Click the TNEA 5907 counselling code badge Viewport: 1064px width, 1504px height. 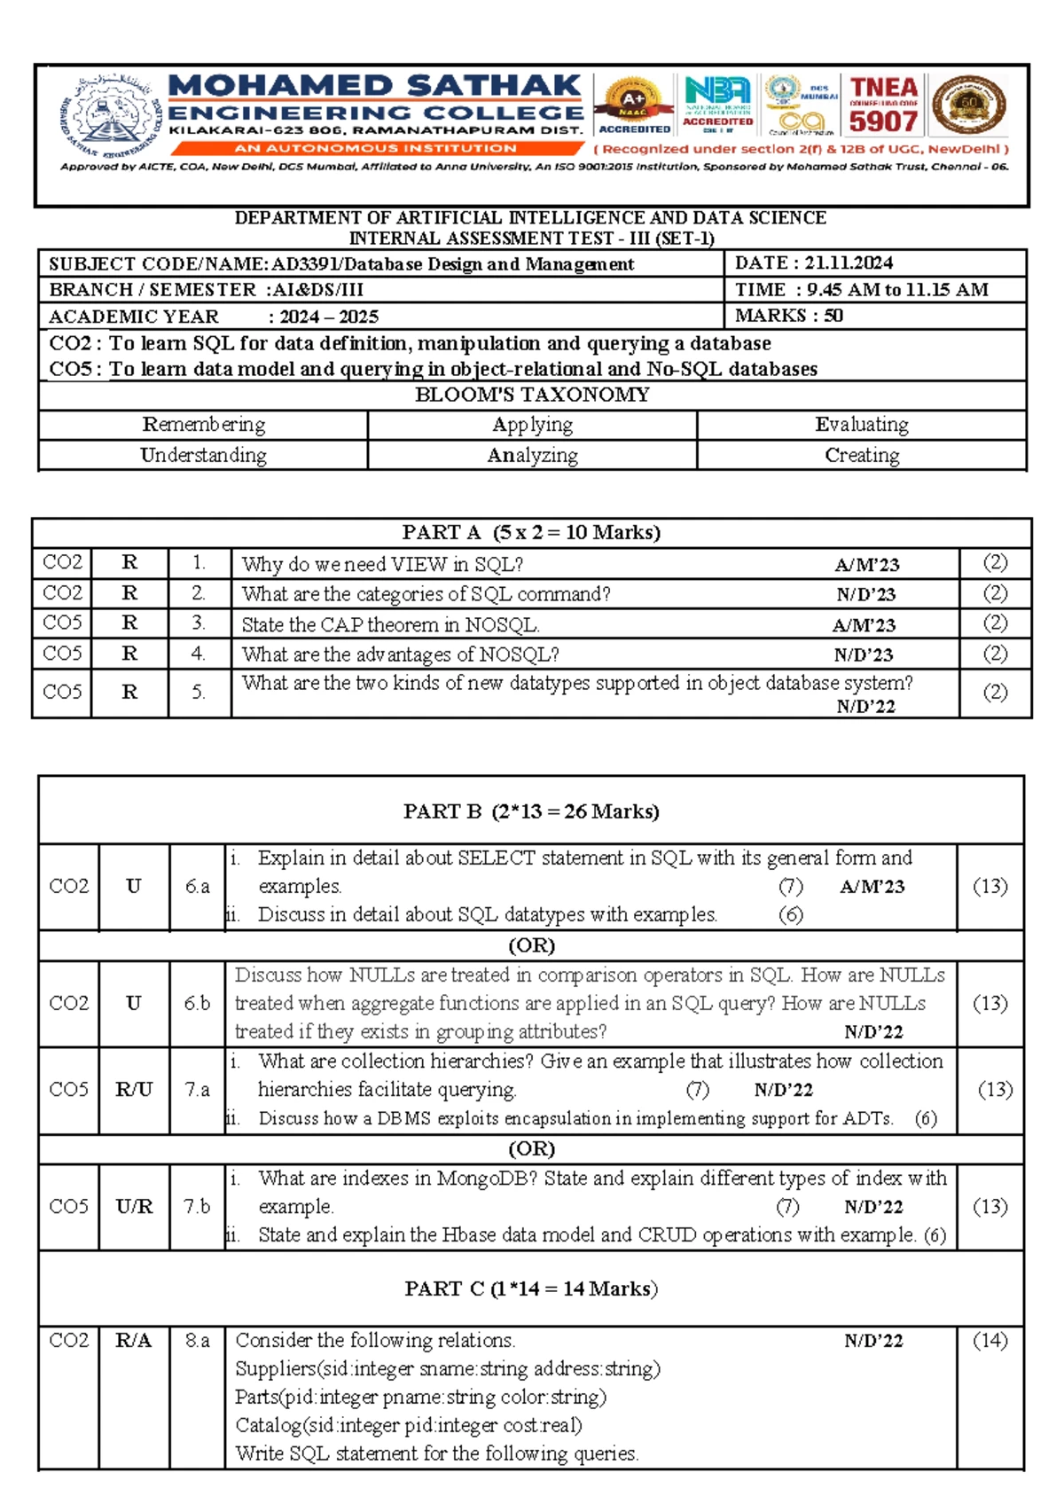tap(883, 105)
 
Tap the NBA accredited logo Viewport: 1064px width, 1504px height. tap(717, 104)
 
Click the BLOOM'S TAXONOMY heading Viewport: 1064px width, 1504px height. tap(532, 395)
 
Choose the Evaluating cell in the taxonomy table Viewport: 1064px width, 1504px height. tap(861, 425)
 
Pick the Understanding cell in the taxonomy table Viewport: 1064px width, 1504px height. tap(203, 455)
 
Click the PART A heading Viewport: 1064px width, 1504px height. tap(531, 532)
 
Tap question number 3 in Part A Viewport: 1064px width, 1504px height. tap(199, 623)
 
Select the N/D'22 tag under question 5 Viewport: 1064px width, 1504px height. tap(865, 707)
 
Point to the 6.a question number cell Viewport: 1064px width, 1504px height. tap(197, 886)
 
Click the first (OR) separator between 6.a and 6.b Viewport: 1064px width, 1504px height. tap(531, 945)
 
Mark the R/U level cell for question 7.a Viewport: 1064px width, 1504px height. tap(134, 1090)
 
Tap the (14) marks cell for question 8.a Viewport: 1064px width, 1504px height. tap(990, 1341)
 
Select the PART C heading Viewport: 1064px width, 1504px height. tap(531, 1289)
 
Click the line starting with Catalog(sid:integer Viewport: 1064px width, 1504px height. tap(408, 1426)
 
